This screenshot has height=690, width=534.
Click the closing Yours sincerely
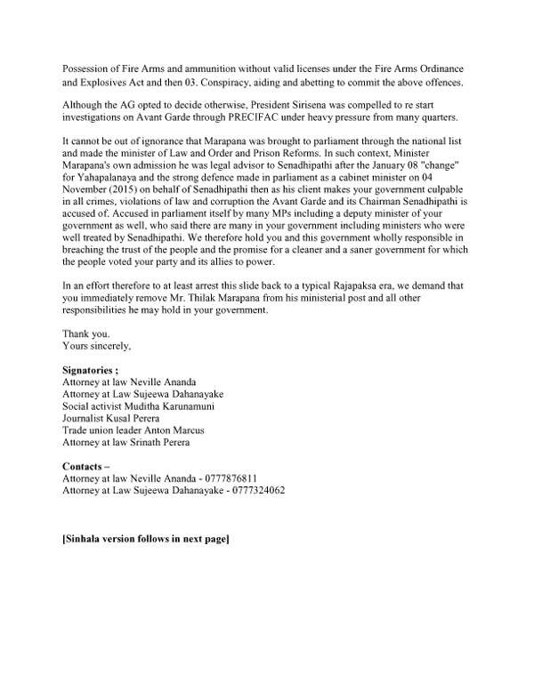tap(95, 345)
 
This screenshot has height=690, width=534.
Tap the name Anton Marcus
tap(176, 429)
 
